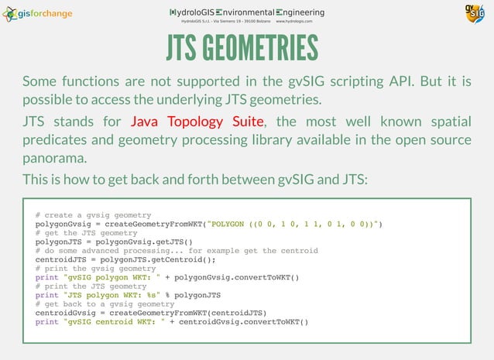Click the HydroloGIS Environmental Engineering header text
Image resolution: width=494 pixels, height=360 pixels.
coord(247,12)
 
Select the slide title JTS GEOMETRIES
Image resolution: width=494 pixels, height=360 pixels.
coord(242,48)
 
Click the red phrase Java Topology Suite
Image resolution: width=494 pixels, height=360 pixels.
coord(197,122)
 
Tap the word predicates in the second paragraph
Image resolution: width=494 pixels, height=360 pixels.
coord(61,140)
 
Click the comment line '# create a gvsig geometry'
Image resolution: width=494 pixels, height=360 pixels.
coord(93,214)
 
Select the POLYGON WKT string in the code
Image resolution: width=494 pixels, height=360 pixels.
coord(295,224)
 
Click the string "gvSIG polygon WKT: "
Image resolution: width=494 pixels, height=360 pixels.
coord(109,277)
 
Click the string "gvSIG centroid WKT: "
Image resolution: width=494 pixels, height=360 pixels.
coord(112,322)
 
